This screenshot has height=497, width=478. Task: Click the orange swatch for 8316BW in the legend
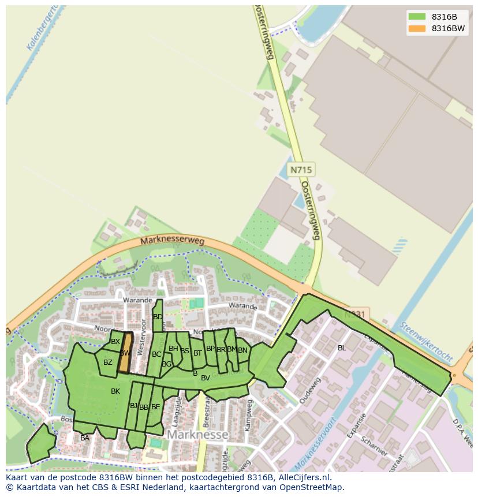click(x=416, y=28)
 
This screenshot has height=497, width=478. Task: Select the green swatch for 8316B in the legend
click(x=416, y=16)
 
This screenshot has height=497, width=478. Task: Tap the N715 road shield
click(x=301, y=170)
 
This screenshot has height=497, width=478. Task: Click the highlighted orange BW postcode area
click(x=125, y=353)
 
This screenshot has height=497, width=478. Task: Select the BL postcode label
click(x=342, y=348)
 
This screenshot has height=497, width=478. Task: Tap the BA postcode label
click(x=85, y=438)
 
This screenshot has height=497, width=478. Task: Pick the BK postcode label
click(x=115, y=391)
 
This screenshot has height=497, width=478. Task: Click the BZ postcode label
click(x=108, y=363)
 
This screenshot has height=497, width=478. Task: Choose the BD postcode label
click(x=158, y=317)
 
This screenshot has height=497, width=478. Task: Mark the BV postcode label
click(x=205, y=378)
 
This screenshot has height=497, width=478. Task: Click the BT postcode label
click(x=197, y=353)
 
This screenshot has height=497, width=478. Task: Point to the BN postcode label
click(x=242, y=350)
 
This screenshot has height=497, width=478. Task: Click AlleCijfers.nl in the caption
click(x=303, y=477)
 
